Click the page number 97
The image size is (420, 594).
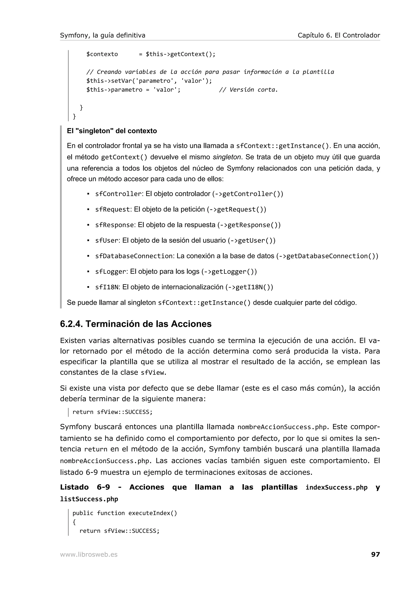375,554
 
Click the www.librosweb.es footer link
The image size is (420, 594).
89,554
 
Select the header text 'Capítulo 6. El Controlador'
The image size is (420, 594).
339,35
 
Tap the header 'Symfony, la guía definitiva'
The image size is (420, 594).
103,35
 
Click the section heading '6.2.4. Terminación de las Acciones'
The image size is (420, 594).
136,324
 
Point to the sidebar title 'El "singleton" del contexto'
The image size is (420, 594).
112,131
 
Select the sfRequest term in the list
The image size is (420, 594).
113,209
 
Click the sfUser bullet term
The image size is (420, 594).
107,240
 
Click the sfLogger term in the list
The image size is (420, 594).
111,271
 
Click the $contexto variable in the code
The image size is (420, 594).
102,54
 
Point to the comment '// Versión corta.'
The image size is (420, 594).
248,90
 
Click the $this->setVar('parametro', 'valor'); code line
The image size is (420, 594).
149,81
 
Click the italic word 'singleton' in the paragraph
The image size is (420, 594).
227,157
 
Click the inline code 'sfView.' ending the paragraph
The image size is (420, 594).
153,373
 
